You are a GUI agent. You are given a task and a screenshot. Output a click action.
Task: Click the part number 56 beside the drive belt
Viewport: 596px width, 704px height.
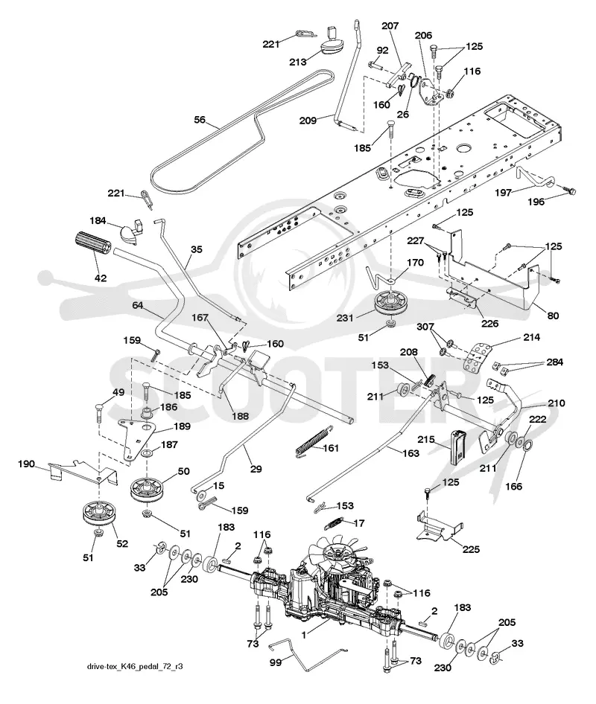[x=200, y=120]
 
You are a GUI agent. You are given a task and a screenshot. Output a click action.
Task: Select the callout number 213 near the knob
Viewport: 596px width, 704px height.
[x=297, y=62]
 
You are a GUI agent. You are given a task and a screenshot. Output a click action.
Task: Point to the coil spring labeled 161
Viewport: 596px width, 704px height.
[x=311, y=442]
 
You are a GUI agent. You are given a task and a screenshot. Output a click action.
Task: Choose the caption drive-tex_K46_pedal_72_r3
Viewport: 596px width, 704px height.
[x=135, y=666]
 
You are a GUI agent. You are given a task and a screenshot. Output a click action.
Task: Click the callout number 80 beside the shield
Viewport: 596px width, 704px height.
[x=553, y=316]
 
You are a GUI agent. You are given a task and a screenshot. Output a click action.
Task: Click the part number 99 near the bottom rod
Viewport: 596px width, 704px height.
[x=275, y=662]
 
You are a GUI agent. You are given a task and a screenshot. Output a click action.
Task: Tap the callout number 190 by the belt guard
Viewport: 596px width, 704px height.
[x=26, y=464]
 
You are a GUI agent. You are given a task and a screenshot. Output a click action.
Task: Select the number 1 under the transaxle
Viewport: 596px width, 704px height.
[x=304, y=635]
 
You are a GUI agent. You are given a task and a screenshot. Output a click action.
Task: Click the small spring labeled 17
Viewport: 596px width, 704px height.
[x=336, y=522]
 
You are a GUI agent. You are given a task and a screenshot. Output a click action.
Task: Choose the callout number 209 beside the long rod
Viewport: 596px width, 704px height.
[x=308, y=121]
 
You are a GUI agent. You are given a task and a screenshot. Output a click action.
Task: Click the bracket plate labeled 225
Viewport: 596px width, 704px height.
[x=440, y=523]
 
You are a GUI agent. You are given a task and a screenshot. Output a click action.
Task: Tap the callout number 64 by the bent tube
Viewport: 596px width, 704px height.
[x=138, y=305]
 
